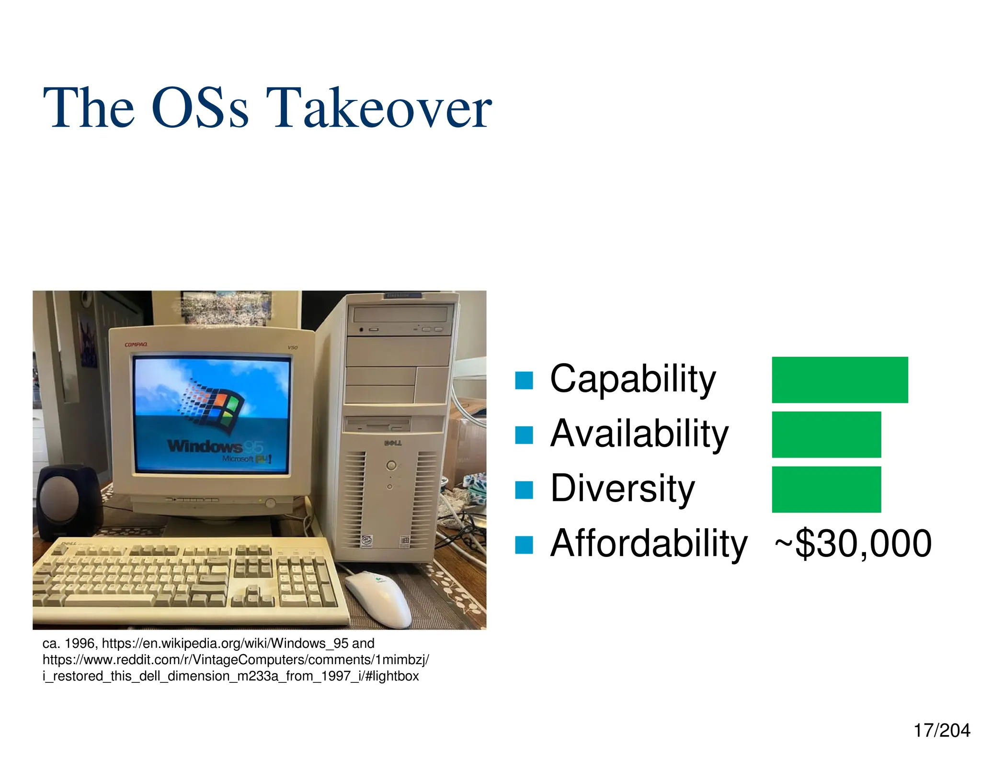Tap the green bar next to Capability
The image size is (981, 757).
point(839,379)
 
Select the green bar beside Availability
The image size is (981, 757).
point(826,434)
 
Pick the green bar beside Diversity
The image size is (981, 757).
point(826,489)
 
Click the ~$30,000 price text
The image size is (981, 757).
point(853,543)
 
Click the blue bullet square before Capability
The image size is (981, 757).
point(524,380)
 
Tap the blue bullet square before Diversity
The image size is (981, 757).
point(524,490)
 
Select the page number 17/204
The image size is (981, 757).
point(941,730)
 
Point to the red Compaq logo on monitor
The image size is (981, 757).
point(136,345)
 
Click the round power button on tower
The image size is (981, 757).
point(391,465)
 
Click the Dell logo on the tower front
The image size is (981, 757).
point(393,443)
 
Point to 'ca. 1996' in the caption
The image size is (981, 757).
point(69,643)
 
